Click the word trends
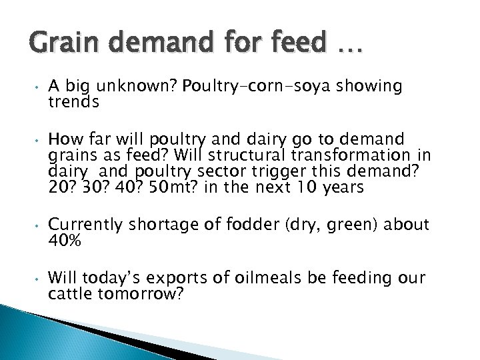pyautogui.click(x=73, y=103)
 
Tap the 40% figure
pyautogui.click(x=65, y=241)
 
